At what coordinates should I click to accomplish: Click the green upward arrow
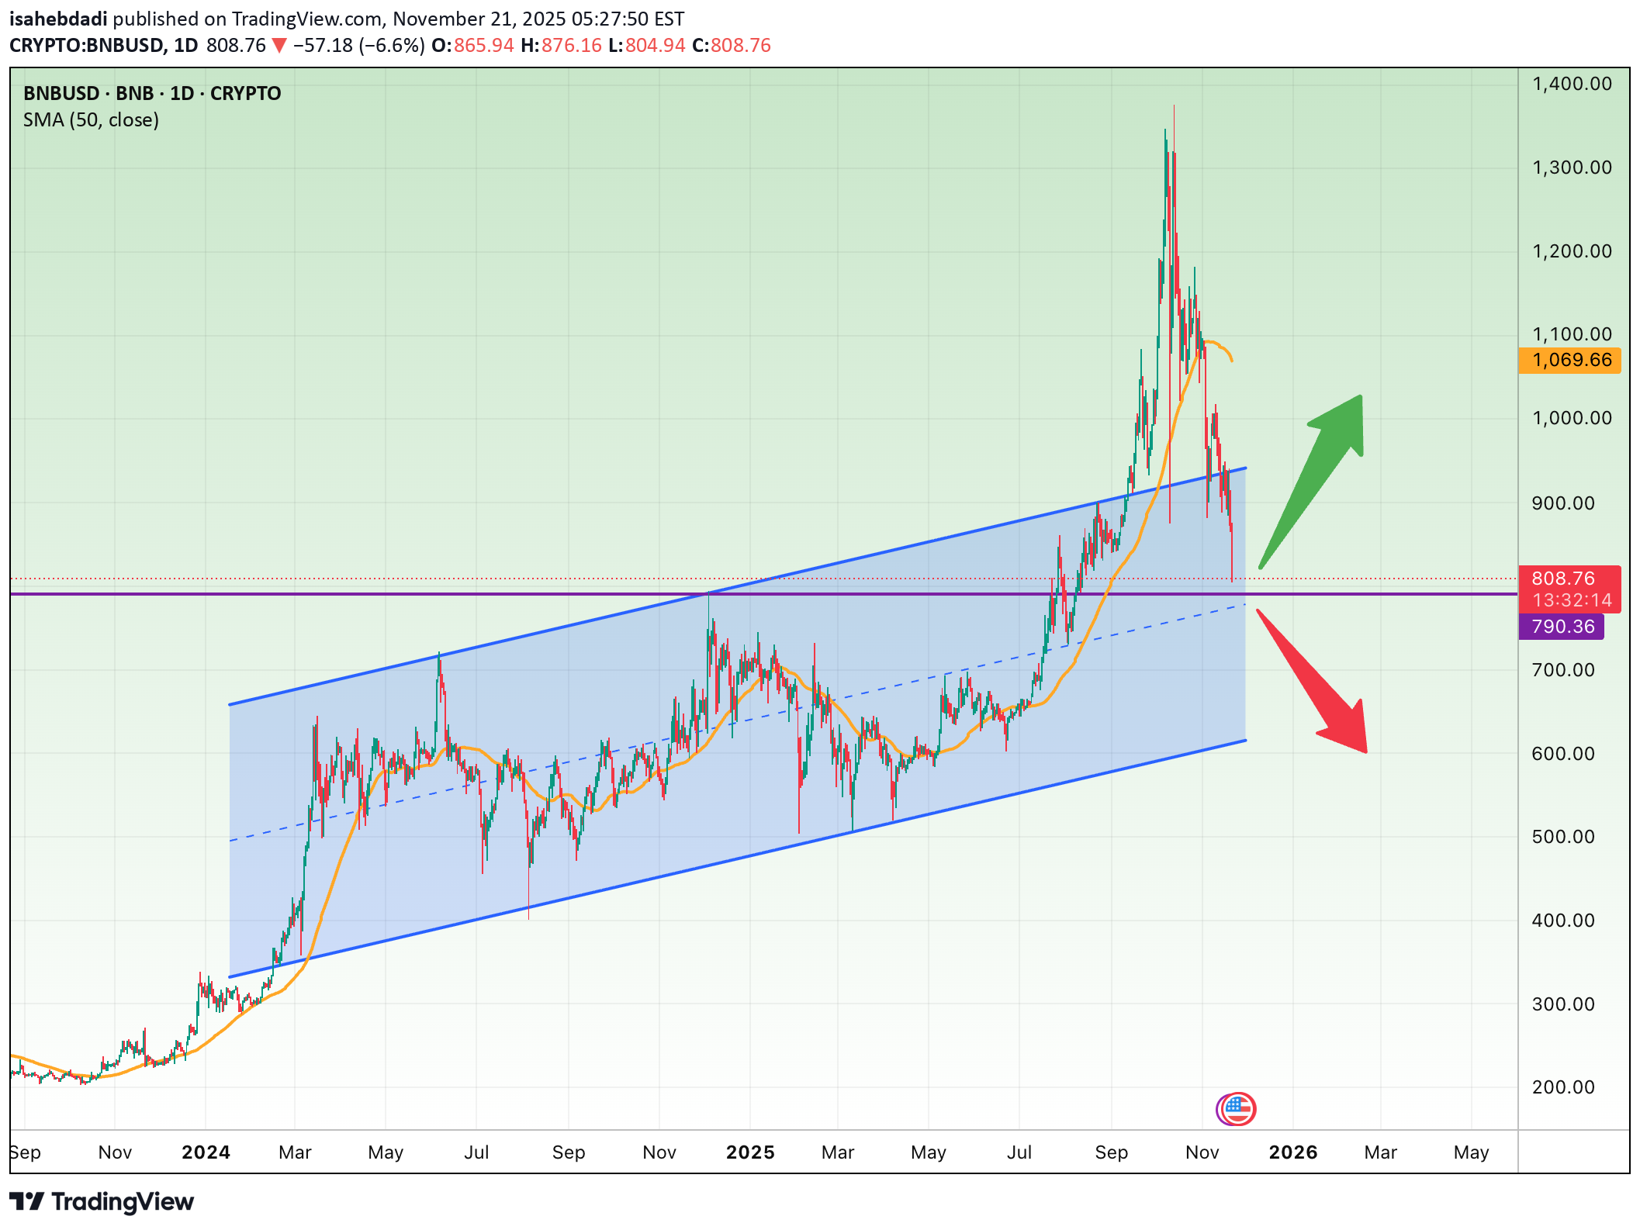(1319, 473)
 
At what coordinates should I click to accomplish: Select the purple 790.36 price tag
(1562, 627)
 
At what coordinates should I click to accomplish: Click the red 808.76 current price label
(1569, 579)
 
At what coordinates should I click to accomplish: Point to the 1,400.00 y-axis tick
(1572, 84)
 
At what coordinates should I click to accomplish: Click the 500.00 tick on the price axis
(1563, 837)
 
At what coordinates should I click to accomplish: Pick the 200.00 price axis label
(1563, 1087)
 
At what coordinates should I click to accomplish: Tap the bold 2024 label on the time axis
(206, 1152)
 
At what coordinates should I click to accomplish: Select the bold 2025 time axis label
(750, 1152)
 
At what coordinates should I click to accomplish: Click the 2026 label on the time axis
(1293, 1152)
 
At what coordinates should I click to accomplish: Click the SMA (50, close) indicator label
(91, 120)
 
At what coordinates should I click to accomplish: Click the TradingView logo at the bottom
(102, 1202)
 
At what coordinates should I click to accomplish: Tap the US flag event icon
(1238, 1109)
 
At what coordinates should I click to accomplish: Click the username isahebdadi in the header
(58, 19)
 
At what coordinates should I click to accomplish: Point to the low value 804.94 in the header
(655, 46)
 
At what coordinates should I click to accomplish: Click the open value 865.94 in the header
(483, 46)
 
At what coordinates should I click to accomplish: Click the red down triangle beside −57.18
(279, 47)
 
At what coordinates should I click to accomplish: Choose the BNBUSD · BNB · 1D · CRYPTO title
(152, 94)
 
